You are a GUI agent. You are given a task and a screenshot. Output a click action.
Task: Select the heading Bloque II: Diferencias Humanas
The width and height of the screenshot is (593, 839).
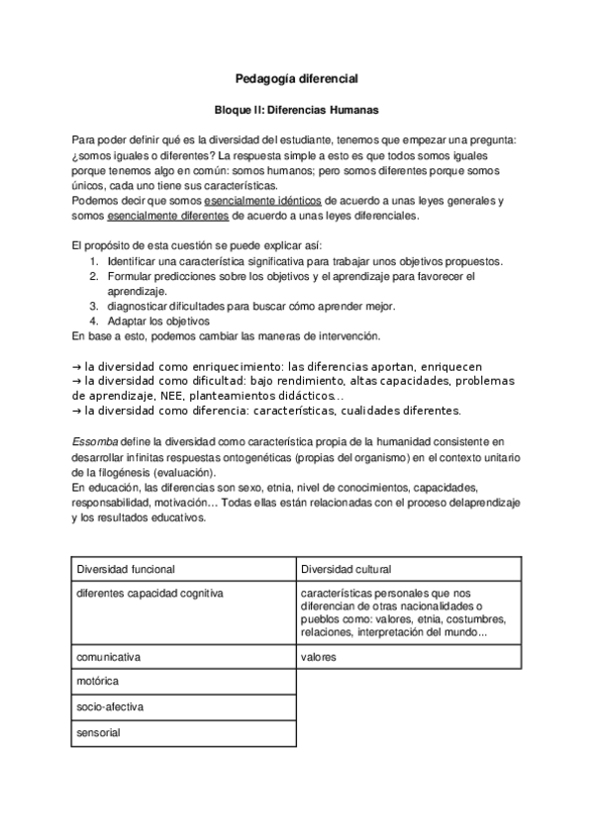pyautogui.click(x=297, y=111)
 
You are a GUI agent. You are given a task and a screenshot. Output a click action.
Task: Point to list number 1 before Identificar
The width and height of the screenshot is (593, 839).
pyautogui.click(x=92, y=261)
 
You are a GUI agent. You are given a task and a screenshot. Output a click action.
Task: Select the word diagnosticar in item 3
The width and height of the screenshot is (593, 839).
pyautogui.click(x=139, y=307)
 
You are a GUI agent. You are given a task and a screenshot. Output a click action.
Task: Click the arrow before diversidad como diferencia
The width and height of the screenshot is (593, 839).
pyautogui.click(x=78, y=410)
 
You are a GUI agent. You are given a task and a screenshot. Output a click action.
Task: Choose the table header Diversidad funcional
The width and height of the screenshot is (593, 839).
pyautogui.click(x=126, y=570)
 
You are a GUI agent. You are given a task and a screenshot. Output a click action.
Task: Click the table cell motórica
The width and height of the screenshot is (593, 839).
pyautogui.click(x=98, y=682)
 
